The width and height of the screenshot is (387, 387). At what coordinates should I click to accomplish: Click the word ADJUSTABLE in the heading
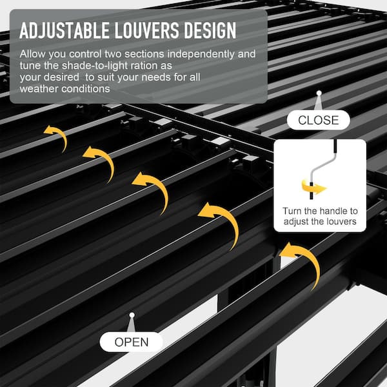click(x=64, y=30)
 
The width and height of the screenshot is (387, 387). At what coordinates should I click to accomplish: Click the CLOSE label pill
click(x=319, y=120)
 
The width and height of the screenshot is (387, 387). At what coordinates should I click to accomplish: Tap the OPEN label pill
click(x=132, y=342)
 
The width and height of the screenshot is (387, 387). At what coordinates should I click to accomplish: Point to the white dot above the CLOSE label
click(x=319, y=93)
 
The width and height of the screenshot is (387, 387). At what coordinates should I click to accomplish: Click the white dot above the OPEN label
click(x=132, y=315)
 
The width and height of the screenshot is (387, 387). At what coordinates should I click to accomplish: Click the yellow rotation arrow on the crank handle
click(x=313, y=188)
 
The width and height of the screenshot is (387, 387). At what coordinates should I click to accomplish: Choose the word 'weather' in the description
click(x=38, y=89)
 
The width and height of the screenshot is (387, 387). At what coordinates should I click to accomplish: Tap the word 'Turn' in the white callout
click(x=292, y=211)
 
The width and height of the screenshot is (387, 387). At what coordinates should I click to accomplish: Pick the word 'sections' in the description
click(x=144, y=54)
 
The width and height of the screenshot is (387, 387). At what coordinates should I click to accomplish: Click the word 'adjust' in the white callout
click(x=296, y=222)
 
